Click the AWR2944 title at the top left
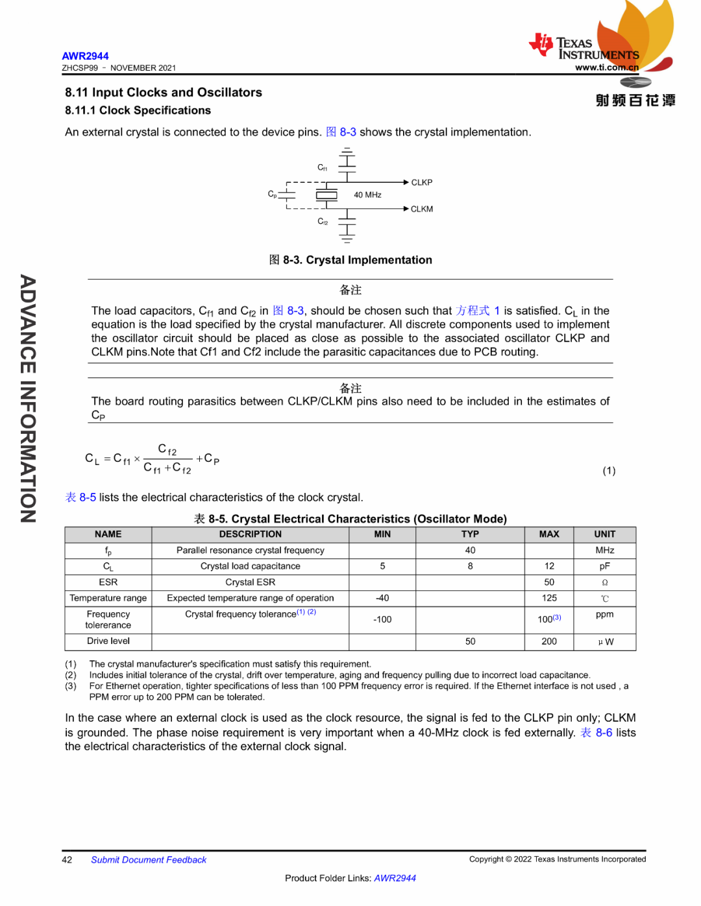pos(85,56)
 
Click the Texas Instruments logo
pos(584,49)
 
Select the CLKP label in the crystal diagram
pos(421,182)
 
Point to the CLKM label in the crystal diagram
pos(421,209)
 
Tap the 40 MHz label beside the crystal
pos(367,195)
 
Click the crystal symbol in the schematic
pos(326,195)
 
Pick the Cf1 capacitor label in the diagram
pos(323,167)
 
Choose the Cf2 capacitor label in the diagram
pos(323,221)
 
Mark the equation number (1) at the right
pos(608,471)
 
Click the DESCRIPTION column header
pos(250,534)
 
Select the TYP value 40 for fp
pos(470,550)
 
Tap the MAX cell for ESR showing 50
pos(549,582)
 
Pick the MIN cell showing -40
pos(382,598)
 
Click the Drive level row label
pos(108,641)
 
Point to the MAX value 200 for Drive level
pos(549,641)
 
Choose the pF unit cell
pos(604,566)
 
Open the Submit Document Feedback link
pos(149,860)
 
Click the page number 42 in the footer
pos(67,860)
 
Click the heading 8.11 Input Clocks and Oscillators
pos(164,92)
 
